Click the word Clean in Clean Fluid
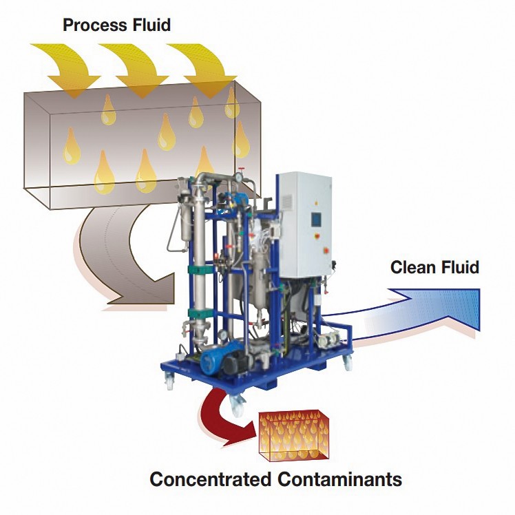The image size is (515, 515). coord(410,267)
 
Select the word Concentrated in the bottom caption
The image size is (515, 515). coord(209,479)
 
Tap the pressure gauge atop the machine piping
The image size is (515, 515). coord(237,177)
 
